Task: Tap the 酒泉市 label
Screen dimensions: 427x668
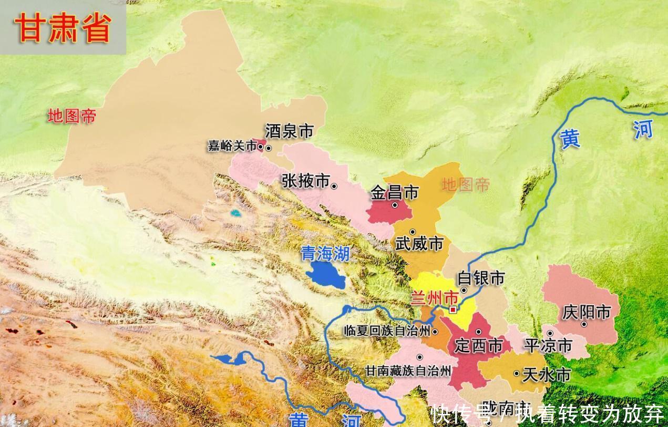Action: (289, 131)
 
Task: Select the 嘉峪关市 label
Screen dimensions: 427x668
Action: (232, 146)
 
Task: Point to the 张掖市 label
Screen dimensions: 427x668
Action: (305, 181)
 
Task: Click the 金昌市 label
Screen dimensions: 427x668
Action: (394, 193)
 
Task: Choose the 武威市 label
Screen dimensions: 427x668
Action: (419, 244)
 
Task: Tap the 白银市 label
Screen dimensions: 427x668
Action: (481, 278)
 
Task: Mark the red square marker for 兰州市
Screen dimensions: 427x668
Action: (453, 310)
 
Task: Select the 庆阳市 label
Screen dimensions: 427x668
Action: (586, 313)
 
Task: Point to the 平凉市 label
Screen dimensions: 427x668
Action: (548, 345)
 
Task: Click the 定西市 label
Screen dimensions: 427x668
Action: (478, 346)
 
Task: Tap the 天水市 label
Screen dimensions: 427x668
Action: (547, 374)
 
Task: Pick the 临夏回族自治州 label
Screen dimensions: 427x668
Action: (386, 331)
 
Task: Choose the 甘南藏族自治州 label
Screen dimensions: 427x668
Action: (408, 371)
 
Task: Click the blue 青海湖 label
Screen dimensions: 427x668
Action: (325, 254)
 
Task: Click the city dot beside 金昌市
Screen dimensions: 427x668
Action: (395, 205)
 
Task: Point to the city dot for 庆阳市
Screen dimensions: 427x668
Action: (584, 325)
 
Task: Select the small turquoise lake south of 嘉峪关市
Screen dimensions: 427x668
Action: (235, 214)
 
